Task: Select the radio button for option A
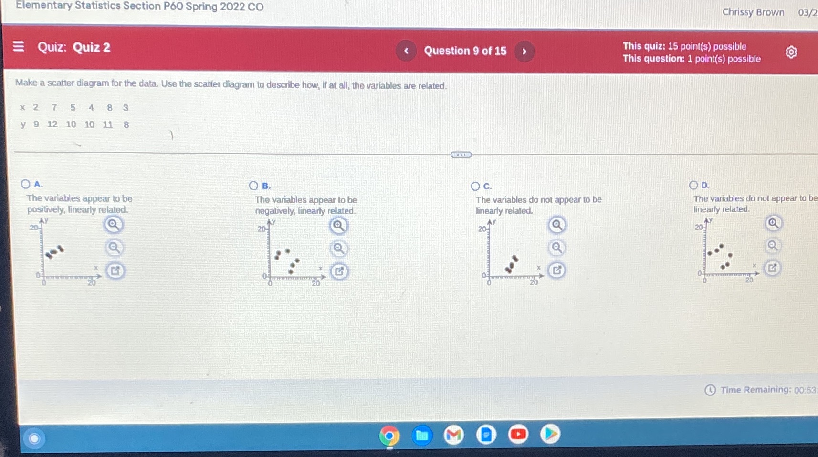pos(26,184)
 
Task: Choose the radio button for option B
pos(253,186)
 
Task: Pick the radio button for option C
pos(475,186)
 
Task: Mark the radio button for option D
pos(693,185)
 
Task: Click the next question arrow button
pos(524,51)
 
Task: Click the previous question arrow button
pos(406,51)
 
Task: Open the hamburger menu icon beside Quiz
pos(19,46)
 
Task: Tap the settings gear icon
pos(791,52)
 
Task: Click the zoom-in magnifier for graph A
pos(113,224)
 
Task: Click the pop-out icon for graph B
pos(339,271)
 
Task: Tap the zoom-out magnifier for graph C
pos(556,247)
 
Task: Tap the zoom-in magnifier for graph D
pos(773,223)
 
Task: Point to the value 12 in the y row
pos(52,125)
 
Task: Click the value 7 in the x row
pos(54,107)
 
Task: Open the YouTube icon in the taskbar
pos(518,434)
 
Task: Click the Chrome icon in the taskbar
pos(389,436)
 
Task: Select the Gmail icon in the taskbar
pos(453,435)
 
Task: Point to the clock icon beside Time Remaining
pos(710,390)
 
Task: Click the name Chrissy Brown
pos(753,12)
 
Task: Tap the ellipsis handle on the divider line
pos(461,155)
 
